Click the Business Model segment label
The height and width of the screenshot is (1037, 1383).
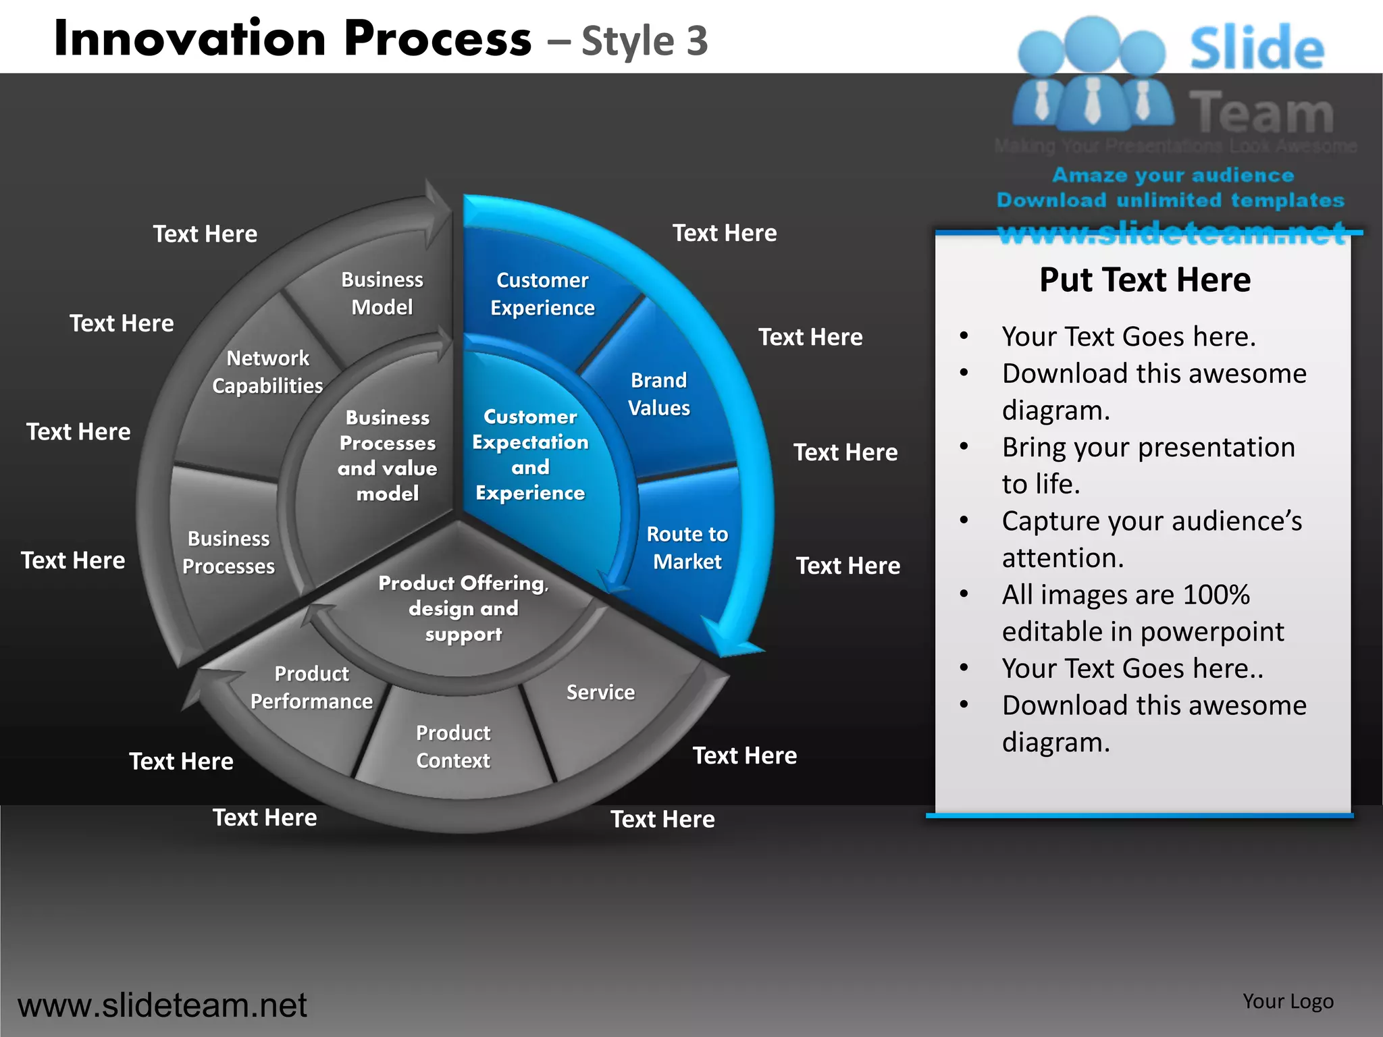pyautogui.click(x=382, y=293)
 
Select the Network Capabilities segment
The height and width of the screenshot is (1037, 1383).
pyautogui.click(x=267, y=371)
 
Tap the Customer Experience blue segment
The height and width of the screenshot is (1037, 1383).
pyautogui.click(x=542, y=294)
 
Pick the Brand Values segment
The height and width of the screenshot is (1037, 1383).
pyautogui.click(x=658, y=394)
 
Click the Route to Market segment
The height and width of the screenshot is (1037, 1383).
pyautogui.click(x=687, y=548)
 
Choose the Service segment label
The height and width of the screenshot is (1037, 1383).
pyautogui.click(x=600, y=692)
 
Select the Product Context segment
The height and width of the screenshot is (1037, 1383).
pyautogui.click(x=453, y=746)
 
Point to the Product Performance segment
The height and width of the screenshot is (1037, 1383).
pyautogui.click(x=311, y=687)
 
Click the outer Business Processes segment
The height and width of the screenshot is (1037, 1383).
pyautogui.click(x=228, y=552)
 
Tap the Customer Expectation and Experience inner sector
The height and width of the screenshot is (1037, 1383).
pyautogui.click(x=530, y=454)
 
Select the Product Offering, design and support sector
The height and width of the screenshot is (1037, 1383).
pyautogui.click(x=463, y=608)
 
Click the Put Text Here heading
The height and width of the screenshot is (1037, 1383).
pyautogui.click(x=1145, y=280)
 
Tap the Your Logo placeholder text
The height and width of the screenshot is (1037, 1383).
pyautogui.click(x=1288, y=1001)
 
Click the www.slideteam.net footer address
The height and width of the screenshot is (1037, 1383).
pyautogui.click(x=162, y=1005)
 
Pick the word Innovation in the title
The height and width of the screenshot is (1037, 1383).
pyautogui.click(x=190, y=38)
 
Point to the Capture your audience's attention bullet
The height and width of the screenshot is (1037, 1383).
pyautogui.click(x=1151, y=539)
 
